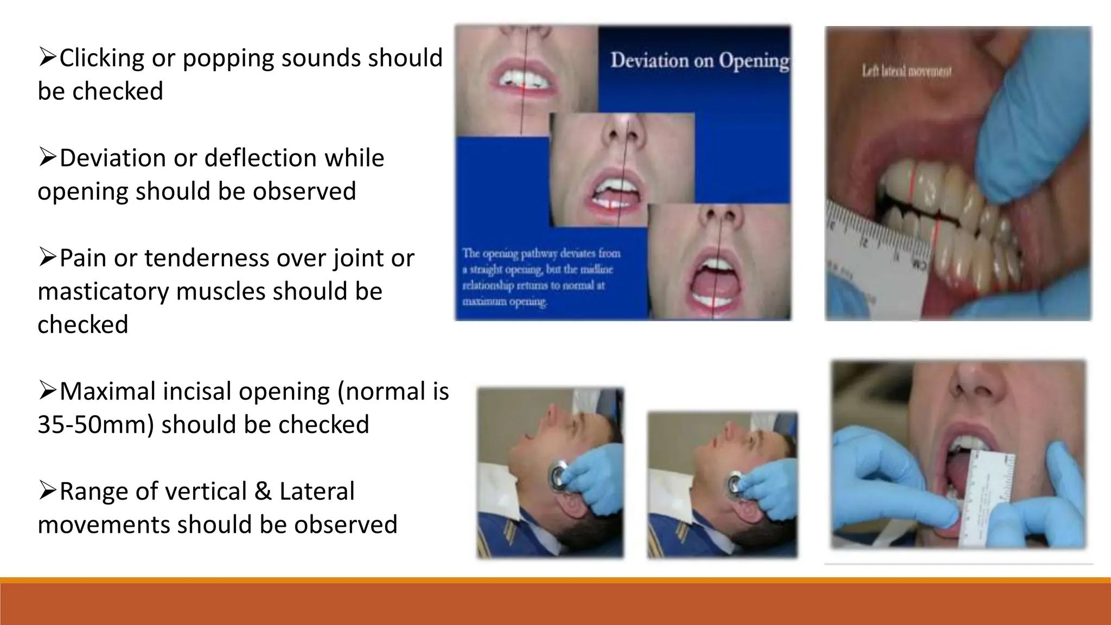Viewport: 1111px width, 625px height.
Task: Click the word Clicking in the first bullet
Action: point(101,58)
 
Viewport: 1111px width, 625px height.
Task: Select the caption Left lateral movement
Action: point(906,72)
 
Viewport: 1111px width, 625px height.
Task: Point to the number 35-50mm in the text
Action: point(94,425)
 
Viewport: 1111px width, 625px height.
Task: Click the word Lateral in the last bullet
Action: point(317,492)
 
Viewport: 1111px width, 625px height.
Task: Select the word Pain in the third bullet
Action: point(83,258)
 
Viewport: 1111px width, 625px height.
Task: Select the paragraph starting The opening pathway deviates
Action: point(541,277)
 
